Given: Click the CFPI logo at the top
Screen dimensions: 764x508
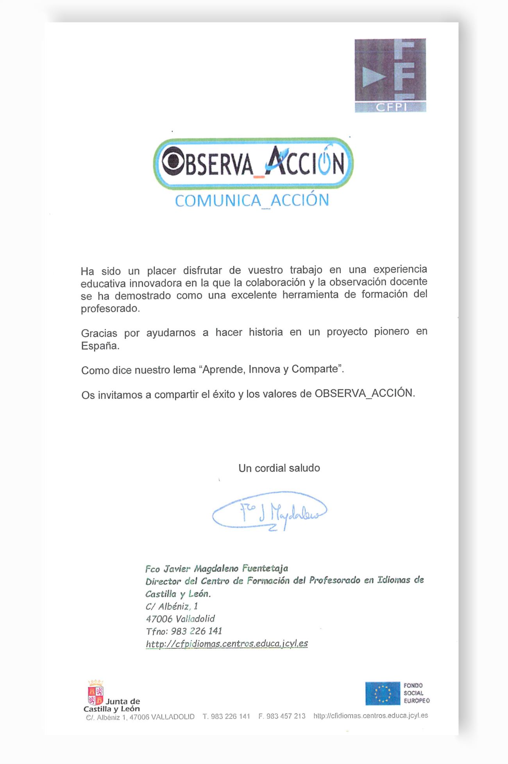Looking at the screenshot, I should (390, 75).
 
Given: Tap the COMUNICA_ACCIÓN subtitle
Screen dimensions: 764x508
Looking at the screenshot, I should (252, 201).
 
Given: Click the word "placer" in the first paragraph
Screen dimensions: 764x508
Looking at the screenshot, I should (161, 271).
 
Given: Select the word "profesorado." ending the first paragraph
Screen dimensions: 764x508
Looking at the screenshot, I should (110, 308).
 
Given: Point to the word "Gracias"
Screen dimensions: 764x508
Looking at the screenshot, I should (99, 333).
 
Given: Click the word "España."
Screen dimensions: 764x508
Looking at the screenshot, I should (100, 346).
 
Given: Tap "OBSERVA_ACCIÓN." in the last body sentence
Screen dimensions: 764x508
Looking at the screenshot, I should (365, 393).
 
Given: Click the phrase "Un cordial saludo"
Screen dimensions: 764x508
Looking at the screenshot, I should (279, 468).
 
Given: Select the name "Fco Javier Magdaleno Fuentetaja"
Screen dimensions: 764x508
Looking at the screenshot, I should (216, 569).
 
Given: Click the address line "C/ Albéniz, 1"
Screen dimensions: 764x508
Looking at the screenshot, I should (172, 606).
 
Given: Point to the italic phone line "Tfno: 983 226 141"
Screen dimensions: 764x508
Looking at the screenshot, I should (184, 631).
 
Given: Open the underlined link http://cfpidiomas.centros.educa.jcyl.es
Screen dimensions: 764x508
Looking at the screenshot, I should (227, 644).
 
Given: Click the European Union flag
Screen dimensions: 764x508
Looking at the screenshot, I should (383, 694).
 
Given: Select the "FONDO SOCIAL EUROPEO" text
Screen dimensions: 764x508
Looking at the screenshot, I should (417, 693).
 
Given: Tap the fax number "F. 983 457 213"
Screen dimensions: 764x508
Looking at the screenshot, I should (282, 716).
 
